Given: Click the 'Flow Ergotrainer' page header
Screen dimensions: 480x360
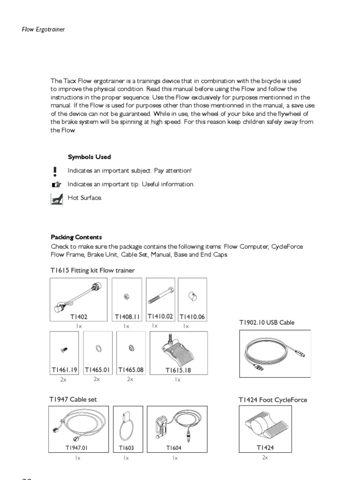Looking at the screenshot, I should pos(43,29).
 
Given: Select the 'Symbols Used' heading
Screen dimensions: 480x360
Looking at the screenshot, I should pos(89,157).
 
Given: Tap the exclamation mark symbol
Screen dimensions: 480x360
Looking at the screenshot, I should pos(55,171).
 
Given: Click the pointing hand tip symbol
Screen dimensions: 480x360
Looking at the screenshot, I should pos(56,185).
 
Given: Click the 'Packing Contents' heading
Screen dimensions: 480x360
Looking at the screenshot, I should pos(76,237).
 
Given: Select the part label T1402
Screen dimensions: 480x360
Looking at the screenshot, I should pos(79,317).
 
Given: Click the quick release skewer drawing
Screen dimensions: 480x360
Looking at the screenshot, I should pos(78,296).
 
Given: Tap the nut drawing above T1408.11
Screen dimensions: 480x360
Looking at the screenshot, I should pos(127,296).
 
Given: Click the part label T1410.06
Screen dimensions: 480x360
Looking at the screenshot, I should pos(192,317).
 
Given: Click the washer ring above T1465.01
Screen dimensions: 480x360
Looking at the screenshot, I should pos(97,348).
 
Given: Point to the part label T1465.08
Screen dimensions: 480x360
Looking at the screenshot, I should pos(131,370).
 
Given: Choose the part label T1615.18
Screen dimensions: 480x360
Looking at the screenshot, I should pos(178,370).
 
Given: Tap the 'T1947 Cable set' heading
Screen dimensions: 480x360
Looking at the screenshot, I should pos(73,399).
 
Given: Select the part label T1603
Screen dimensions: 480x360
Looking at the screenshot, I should pos(126,448).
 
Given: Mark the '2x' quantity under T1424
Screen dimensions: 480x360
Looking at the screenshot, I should pos(265,457).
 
